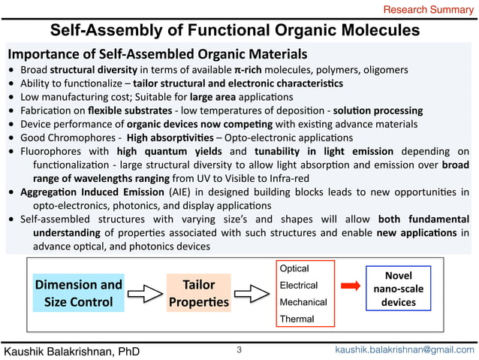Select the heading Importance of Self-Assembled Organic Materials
tap(157, 55)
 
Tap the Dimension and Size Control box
tap(78, 293)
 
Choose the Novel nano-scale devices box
tap(398, 289)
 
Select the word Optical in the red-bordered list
tap(294, 268)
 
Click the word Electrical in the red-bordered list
tap(297, 285)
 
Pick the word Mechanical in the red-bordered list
tap(303, 302)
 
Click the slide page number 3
tap(239, 349)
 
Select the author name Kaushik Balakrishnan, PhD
tap(72, 350)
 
